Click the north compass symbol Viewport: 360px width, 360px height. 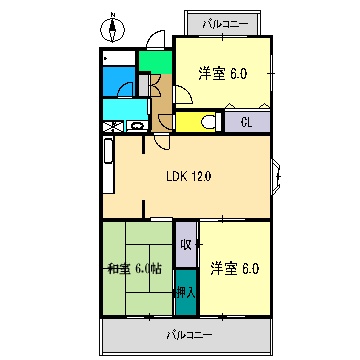point(113,28)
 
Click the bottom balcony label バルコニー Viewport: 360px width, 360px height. point(188,335)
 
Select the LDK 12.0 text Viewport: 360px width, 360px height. point(188,177)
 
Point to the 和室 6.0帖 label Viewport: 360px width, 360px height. point(134,267)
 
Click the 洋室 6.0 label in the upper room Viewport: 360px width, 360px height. point(221,73)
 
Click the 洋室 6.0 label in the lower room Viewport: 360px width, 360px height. point(234,267)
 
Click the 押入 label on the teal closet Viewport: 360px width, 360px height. point(185,292)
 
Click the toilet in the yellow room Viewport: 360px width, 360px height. point(206,122)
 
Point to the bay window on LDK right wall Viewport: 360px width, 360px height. point(279,177)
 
